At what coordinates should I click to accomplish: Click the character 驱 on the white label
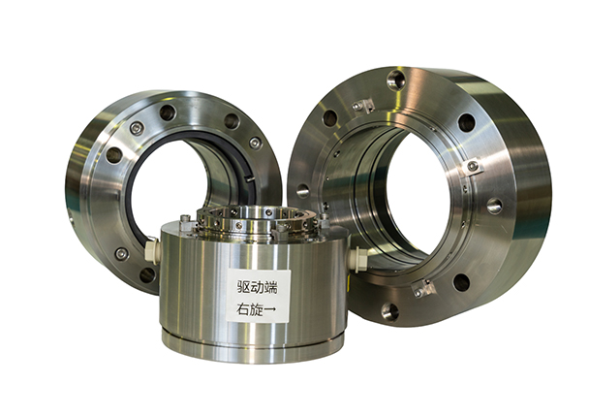click(x=244, y=288)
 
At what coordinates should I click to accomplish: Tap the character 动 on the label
click(x=259, y=288)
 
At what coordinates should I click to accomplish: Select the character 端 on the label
click(x=271, y=288)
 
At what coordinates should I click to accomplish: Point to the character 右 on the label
click(x=242, y=309)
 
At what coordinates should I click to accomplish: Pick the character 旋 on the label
click(x=257, y=309)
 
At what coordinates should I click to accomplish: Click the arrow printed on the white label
click(x=270, y=309)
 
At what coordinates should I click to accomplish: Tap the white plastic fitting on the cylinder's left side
click(x=151, y=249)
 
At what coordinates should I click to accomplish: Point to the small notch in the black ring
click(x=250, y=179)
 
